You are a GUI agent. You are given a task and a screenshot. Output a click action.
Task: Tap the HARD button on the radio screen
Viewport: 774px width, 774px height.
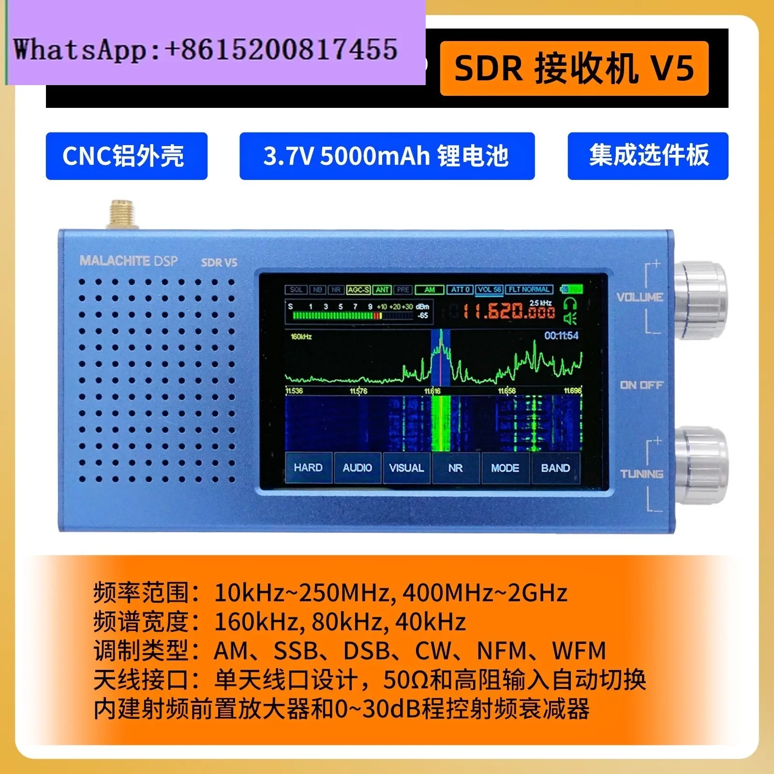coord(308,468)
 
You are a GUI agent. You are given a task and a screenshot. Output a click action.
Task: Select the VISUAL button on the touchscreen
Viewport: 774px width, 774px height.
coord(406,468)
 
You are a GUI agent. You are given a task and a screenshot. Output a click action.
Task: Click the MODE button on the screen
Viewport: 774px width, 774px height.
coord(505,468)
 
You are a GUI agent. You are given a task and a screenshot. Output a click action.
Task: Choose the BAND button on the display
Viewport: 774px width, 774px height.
coord(555,468)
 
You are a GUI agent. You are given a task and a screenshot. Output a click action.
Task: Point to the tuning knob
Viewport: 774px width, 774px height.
coord(700,464)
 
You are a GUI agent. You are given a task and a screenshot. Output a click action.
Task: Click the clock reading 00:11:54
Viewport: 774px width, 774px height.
coord(561,336)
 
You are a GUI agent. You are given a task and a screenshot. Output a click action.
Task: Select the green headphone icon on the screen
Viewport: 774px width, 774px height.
coord(570,304)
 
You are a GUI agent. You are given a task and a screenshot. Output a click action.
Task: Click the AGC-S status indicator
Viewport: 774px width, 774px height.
coord(358,290)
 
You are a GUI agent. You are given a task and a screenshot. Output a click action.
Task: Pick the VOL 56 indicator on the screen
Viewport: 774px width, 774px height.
coord(489,290)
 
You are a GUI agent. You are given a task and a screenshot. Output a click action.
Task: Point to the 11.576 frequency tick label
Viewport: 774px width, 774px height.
coord(358,391)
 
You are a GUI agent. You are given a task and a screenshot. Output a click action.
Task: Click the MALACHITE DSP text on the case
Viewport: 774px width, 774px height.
coord(129,261)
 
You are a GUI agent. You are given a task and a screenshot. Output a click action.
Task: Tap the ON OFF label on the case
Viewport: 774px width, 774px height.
coord(641,385)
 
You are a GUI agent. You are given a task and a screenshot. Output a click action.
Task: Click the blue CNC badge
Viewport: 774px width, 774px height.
coord(126,156)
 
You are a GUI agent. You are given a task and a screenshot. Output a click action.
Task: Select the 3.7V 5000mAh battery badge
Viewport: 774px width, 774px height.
coord(387,156)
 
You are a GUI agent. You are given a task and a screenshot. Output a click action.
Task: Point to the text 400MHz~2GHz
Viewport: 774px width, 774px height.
coord(485,593)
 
